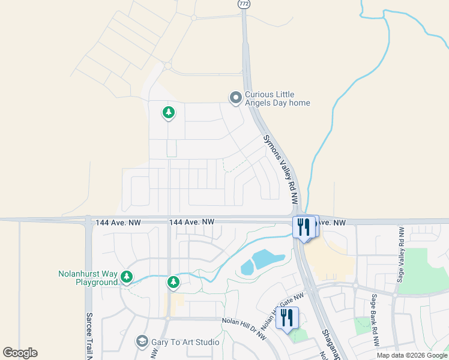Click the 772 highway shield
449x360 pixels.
(x=244, y=4)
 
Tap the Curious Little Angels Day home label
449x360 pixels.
(x=277, y=98)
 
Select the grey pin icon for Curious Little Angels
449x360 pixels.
(x=236, y=97)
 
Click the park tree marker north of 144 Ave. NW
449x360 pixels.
(x=169, y=112)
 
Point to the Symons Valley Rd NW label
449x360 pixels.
(x=281, y=170)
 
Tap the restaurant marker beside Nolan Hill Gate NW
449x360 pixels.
(x=287, y=318)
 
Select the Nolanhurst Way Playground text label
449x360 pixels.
(x=88, y=278)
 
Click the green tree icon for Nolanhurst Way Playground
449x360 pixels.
(x=126, y=277)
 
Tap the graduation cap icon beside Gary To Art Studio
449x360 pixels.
(x=142, y=342)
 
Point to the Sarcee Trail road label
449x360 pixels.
(x=89, y=336)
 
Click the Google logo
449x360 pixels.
(x=20, y=353)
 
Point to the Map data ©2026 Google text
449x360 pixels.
(x=412, y=355)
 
